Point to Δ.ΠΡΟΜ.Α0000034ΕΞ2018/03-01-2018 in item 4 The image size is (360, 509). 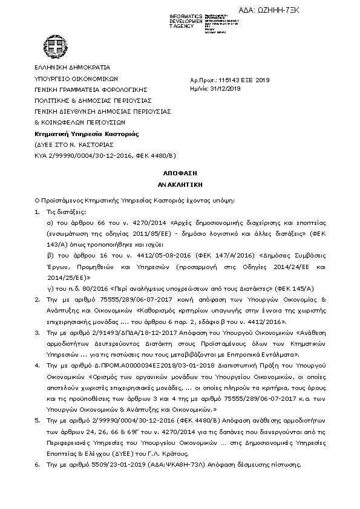tap(137, 365)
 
